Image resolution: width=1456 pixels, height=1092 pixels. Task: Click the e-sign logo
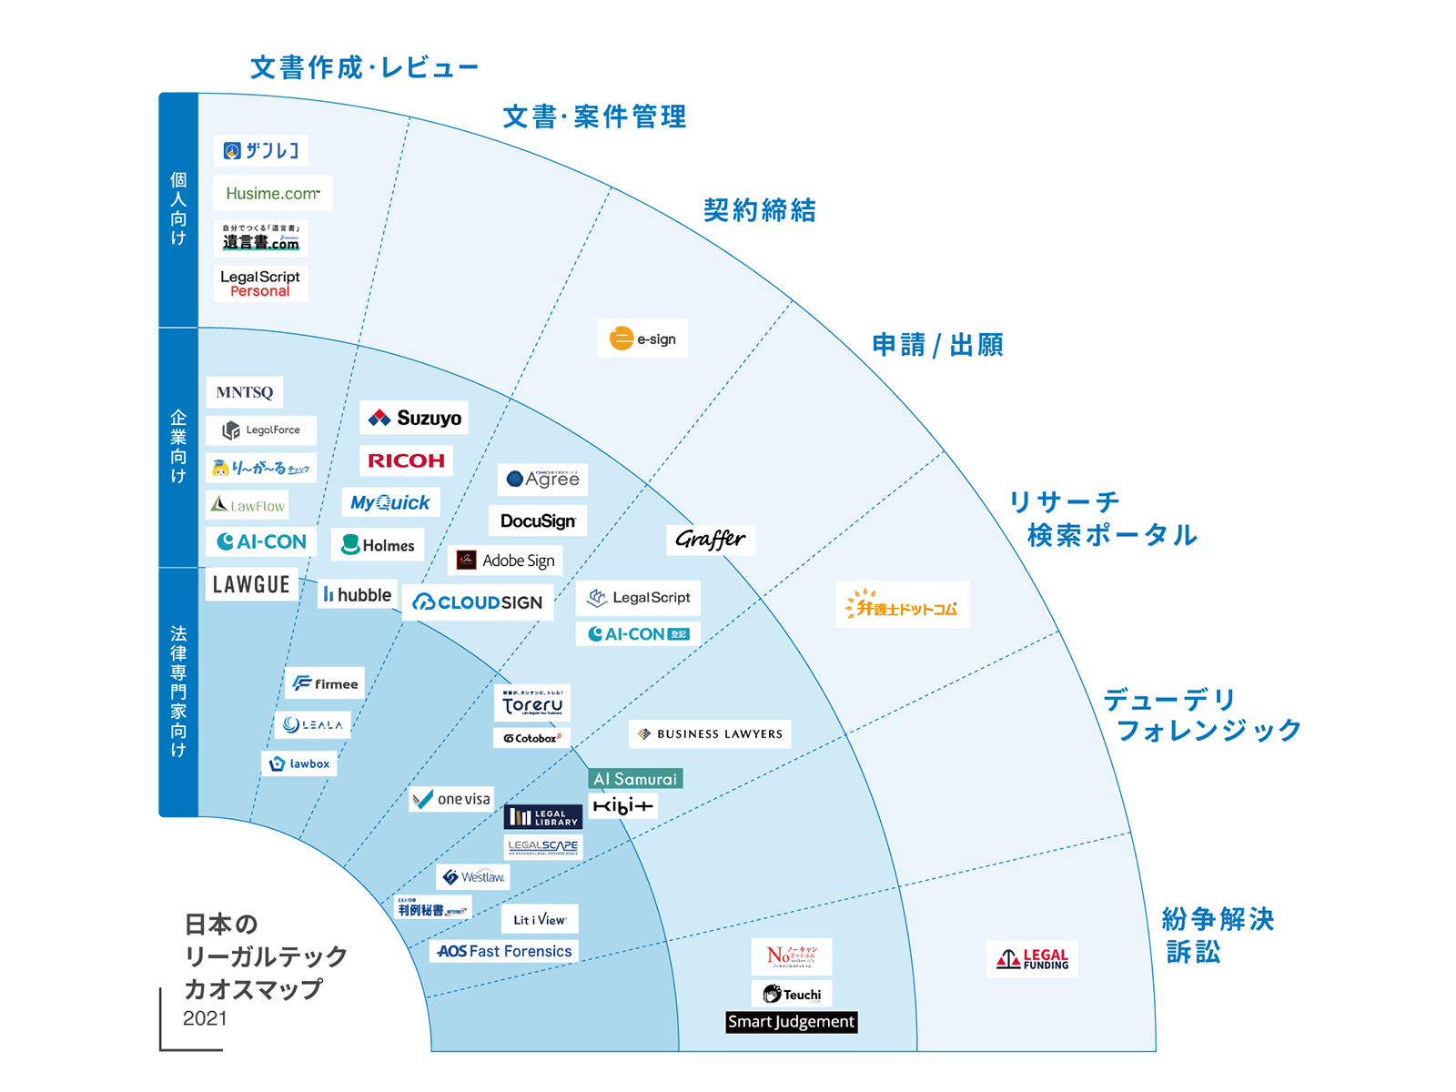tap(642, 339)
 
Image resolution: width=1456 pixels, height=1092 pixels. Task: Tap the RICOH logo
tap(406, 460)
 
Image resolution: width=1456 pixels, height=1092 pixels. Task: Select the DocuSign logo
tap(538, 521)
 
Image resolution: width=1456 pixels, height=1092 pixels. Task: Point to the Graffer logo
tap(710, 540)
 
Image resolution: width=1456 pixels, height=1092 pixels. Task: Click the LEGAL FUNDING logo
tap(1032, 959)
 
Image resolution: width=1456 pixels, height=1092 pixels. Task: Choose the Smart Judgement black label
tap(791, 1022)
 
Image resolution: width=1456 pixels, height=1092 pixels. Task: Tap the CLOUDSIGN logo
tap(478, 602)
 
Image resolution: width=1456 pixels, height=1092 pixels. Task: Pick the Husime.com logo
tap(273, 193)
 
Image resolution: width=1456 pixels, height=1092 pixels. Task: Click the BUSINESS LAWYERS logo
tap(710, 733)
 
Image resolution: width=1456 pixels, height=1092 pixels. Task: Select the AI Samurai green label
tap(635, 779)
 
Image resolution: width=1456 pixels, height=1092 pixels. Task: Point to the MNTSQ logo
tap(245, 392)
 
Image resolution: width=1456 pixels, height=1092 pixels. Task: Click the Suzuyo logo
tap(414, 419)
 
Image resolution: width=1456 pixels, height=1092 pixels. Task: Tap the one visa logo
tap(451, 799)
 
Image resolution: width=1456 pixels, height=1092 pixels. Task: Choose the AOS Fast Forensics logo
tap(504, 951)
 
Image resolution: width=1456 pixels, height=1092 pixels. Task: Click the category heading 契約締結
tap(760, 210)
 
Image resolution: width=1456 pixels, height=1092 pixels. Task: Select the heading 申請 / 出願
tap(937, 345)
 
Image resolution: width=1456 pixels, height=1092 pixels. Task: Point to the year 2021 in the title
tap(205, 1018)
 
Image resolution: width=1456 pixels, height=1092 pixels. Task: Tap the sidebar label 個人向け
tap(178, 209)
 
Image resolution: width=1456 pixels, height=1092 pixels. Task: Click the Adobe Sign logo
tap(506, 561)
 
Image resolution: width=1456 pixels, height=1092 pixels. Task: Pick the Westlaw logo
tap(473, 877)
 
